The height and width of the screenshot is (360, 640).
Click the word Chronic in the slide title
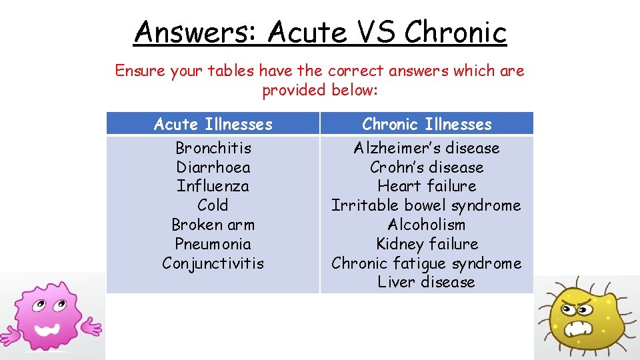[455, 31]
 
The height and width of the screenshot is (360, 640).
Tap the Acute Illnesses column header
[213, 124]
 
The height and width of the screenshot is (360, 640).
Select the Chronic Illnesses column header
[427, 124]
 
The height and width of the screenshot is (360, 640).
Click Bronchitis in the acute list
[213, 147]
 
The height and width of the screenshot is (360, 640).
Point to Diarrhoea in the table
[213, 167]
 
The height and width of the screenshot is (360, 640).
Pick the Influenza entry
[213, 186]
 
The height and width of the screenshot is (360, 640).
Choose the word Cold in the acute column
[213, 205]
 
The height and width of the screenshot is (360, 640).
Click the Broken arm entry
[213, 225]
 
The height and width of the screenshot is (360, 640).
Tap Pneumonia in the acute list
[213, 244]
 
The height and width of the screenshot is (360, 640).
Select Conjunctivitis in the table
[213, 263]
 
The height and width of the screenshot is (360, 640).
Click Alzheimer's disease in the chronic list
[427, 147]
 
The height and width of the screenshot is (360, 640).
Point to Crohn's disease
[427, 167]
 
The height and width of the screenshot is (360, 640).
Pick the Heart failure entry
[427, 186]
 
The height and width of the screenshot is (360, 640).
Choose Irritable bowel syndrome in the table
[427, 205]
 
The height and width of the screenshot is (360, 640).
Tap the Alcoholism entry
[427, 225]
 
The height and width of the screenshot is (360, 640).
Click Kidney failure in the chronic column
[427, 244]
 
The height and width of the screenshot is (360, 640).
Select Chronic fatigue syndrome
[427, 263]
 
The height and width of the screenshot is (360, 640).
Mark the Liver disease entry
[427, 282]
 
